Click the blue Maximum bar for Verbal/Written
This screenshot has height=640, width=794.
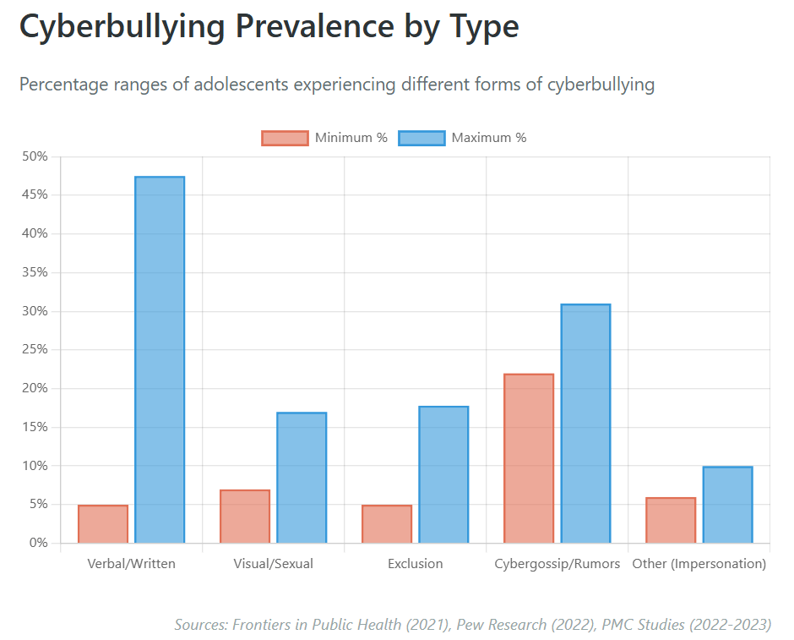coord(160,359)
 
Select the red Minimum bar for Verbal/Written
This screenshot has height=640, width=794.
coord(103,524)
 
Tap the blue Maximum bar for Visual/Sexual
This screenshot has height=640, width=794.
coord(302,478)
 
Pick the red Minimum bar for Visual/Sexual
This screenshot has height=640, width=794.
coord(245,517)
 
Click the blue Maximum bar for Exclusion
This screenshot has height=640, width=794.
coord(443,474)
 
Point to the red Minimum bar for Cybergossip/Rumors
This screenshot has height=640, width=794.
coord(529,458)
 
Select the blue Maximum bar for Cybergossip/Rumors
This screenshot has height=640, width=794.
coord(585,424)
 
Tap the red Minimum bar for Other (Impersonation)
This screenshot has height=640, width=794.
coord(671,520)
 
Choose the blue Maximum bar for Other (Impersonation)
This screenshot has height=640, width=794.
coord(727,505)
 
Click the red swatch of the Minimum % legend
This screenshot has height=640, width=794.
coord(285,138)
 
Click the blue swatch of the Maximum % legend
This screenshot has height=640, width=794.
coord(421,138)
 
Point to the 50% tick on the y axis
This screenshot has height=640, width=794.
coord(35,156)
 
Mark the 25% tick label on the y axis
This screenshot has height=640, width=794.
coord(35,350)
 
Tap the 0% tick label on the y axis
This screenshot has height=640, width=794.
coord(38,543)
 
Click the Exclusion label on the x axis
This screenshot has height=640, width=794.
coord(415,563)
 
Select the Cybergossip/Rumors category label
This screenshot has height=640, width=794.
coord(557,563)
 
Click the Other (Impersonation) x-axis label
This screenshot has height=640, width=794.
coord(699,563)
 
